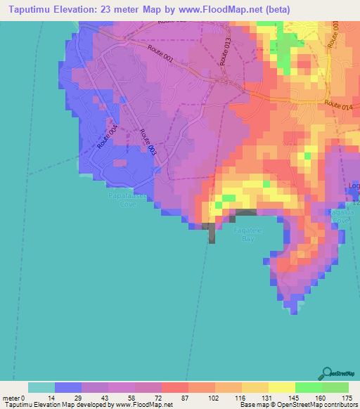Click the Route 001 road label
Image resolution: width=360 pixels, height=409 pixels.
[162, 53]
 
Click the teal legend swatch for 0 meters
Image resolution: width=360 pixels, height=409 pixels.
[41, 387]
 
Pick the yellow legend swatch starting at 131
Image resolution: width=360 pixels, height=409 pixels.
[255, 387]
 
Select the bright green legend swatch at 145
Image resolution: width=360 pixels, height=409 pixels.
[308, 387]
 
